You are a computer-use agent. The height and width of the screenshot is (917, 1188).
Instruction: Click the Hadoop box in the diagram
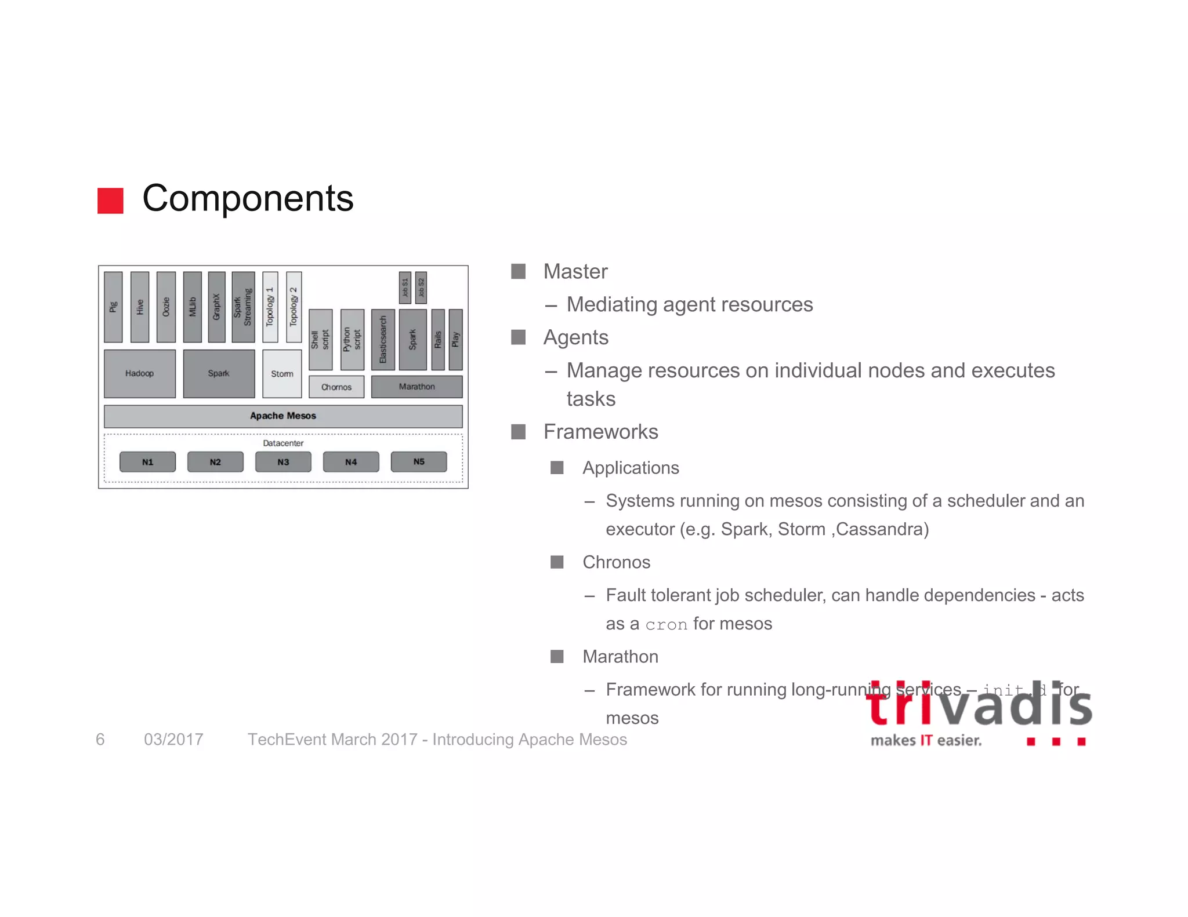pos(140,374)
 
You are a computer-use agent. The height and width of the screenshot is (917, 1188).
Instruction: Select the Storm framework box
pos(282,374)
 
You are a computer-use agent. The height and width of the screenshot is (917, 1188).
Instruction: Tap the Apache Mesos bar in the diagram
pos(283,416)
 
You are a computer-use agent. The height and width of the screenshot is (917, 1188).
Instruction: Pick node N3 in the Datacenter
pos(283,462)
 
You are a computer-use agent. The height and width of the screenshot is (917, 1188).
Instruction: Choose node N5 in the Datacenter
pos(419,462)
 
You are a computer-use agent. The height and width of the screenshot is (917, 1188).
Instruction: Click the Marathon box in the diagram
pos(416,387)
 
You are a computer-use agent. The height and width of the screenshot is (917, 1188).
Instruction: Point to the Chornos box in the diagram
pos(336,387)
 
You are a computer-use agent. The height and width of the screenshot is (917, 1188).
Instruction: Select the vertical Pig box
pos(113,307)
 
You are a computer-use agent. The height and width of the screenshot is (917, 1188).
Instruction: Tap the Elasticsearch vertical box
pos(383,340)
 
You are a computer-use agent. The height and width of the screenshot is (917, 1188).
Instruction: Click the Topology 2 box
pos(294,307)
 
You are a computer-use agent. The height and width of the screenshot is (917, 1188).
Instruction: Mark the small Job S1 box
pos(405,288)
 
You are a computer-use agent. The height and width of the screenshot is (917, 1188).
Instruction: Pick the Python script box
pos(352,340)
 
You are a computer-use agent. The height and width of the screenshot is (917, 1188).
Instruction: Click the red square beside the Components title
pos(110,201)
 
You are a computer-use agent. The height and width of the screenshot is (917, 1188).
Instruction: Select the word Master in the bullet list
pos(575,272)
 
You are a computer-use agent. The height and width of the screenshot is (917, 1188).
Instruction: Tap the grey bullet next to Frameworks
pos(518,432)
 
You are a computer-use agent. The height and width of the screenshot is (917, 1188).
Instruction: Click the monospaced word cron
pos(666,625)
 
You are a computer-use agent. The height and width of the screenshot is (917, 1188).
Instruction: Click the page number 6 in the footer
pos(100,740)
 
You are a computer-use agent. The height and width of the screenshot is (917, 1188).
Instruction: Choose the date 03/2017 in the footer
pos(173,740)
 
